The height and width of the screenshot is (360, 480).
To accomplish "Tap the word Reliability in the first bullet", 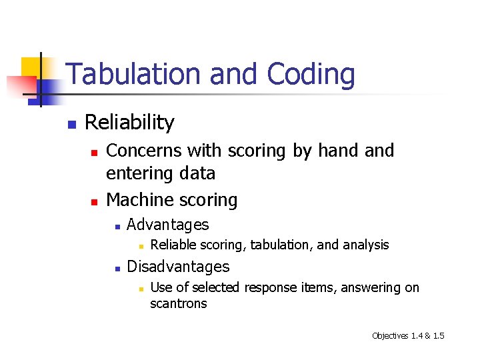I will [129, 123].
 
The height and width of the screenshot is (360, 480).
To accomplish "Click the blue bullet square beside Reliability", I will [71, 124].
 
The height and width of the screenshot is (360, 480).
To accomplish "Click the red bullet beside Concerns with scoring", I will [94, 153].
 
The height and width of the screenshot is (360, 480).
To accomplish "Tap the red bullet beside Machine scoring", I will [94, 201].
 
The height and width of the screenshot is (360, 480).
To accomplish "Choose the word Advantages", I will [167, 225].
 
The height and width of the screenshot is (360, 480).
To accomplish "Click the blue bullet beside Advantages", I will [117, 227].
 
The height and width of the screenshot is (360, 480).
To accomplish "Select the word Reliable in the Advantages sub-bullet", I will [173, 245].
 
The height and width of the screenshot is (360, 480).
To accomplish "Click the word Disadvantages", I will [177, 267].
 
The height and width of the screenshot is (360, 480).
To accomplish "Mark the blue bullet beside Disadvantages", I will [117, 269].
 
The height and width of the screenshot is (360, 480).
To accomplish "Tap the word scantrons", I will [179, 304].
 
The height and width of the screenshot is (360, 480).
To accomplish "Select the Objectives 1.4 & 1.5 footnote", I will [407, 335].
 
